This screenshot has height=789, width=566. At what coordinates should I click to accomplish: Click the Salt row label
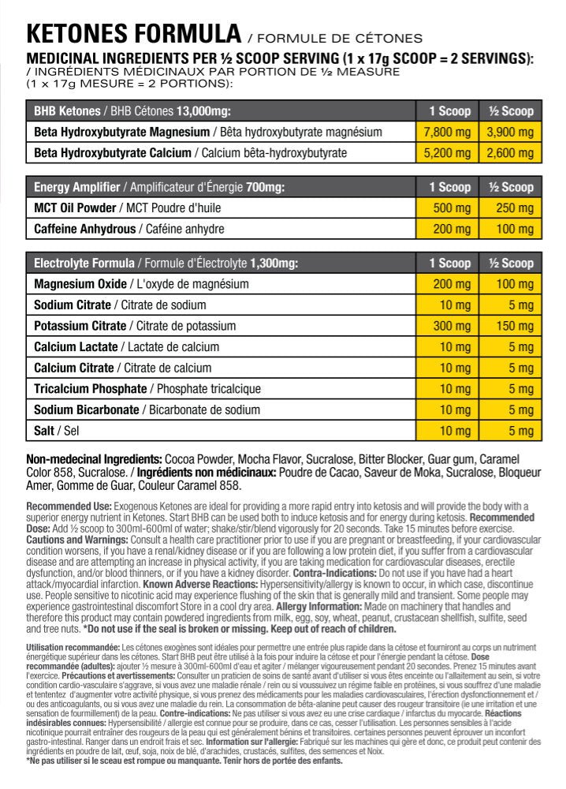pos(44,431)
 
